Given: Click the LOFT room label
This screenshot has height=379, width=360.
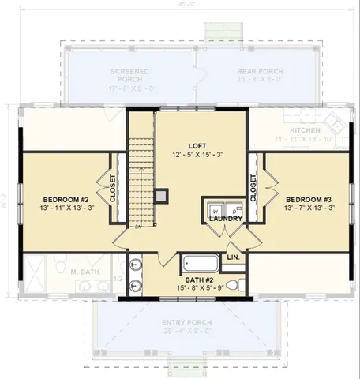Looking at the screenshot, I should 197,146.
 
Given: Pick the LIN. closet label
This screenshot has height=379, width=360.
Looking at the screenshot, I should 234,257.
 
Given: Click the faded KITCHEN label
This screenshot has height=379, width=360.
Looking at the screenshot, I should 305,129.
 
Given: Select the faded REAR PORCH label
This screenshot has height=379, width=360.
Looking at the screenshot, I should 260,72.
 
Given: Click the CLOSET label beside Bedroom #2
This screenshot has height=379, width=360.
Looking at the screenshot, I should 113,189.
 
